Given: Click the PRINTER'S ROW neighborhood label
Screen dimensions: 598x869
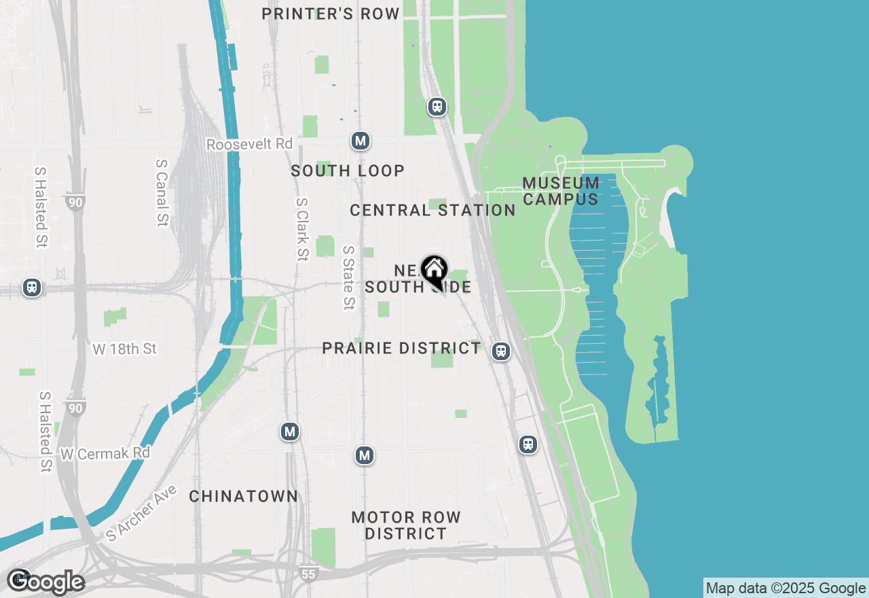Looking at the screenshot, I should tap(331, 14).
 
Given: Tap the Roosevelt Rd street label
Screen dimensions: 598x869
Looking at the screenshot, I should tap(249, 145).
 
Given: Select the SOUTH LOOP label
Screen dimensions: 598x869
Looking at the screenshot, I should tap(348, 171).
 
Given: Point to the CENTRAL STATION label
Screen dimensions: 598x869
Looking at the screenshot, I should tap(432, 211).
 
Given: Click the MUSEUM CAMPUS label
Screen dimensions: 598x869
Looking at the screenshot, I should tap(561, 191).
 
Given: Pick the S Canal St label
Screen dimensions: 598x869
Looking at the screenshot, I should tap(162, 192).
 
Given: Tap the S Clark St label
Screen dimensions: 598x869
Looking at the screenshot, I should tap(302, 230).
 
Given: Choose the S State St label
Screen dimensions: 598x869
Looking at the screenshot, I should tap(348, 278).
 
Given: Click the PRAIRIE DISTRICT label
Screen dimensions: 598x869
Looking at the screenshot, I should tap(401, 349).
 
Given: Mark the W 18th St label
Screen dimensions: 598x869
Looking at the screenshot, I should tap(124, 349).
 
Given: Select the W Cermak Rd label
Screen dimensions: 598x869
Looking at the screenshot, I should tap(105, 453).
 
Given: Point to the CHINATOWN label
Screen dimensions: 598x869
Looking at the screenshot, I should tap(243, 497).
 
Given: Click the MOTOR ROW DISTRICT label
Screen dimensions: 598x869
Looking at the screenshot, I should tap(406, 525).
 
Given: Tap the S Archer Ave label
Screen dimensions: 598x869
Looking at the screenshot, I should tap(141, 513).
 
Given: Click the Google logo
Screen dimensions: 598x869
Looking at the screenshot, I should tap(45, 582).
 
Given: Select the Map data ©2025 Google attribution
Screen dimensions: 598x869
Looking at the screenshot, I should tap(785, 588).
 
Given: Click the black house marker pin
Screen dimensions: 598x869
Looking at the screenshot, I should tap(433, 270).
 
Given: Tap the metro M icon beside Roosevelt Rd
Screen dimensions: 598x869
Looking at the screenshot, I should tap(360, 141).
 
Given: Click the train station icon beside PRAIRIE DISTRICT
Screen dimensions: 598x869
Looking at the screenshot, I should tap(501, 351).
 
